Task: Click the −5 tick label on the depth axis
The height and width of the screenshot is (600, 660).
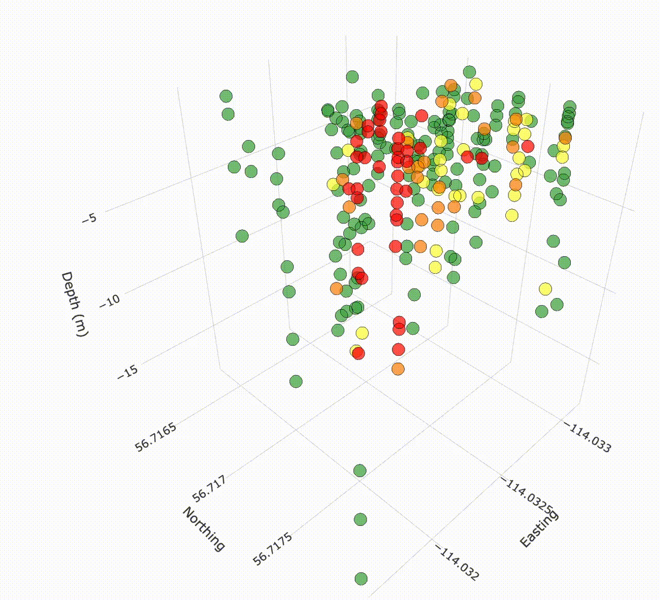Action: point(89,218)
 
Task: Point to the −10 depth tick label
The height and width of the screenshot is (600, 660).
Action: point(109,301)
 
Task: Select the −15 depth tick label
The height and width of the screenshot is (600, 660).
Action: point(127,372)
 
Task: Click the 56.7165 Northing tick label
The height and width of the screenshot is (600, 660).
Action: point(156,437)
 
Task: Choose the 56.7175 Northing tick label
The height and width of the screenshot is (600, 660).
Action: point(273,549)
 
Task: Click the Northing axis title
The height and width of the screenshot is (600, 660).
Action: point(204,529)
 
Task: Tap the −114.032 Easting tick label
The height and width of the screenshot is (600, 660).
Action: point(457,563)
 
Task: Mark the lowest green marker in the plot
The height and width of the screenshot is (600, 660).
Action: point(361,578)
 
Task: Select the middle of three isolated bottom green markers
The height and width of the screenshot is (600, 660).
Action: point(360,519)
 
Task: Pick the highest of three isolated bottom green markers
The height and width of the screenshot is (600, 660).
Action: point(360,471)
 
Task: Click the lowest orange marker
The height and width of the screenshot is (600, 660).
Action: point(398,369)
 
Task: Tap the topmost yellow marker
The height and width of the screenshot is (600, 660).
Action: point(475,84)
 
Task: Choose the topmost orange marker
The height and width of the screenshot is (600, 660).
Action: point(451,85)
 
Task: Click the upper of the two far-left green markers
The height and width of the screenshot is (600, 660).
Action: point(226,95)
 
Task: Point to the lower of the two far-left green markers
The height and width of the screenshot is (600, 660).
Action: point(228,114)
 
